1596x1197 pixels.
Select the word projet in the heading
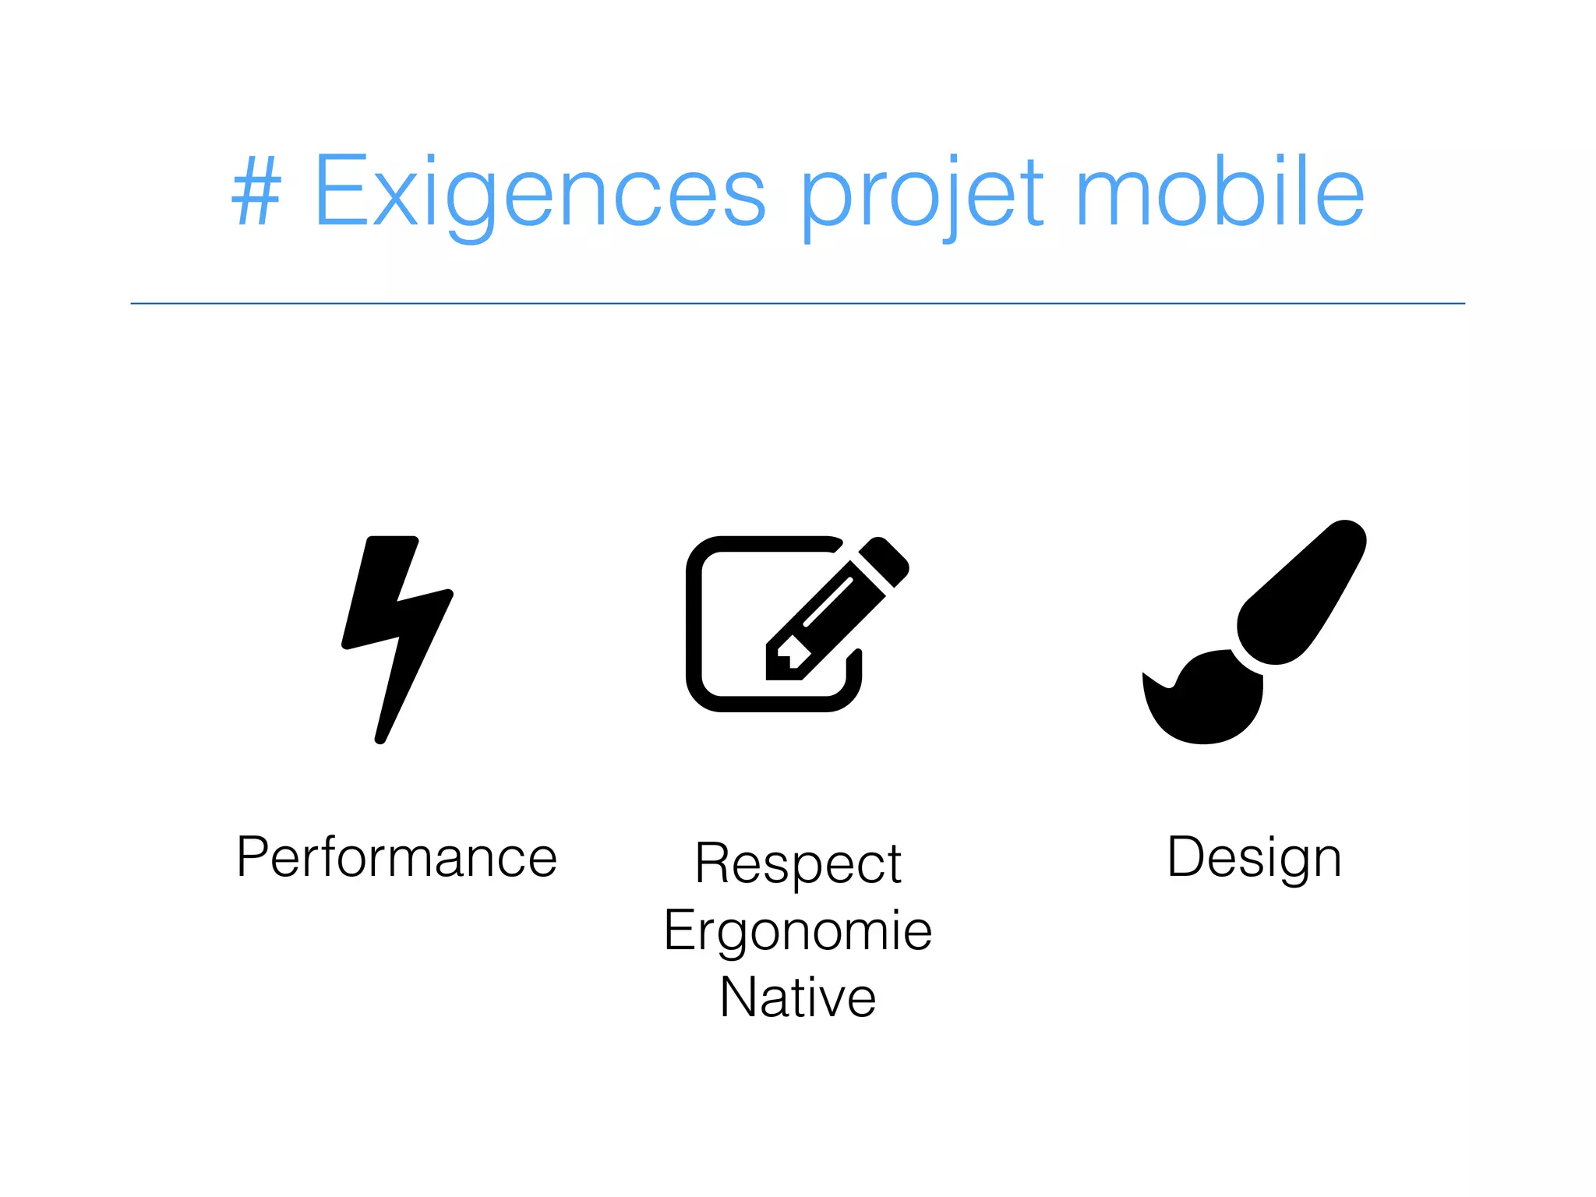921,195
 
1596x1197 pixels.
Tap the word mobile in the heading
1220,191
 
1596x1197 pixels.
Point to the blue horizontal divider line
798,303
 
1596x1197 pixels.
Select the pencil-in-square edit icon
787,623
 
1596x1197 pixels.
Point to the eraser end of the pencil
885,560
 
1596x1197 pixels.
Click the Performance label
397,858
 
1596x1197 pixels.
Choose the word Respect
798,863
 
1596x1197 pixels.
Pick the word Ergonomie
798,931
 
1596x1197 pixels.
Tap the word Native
798,997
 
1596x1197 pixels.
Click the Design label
1254,858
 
